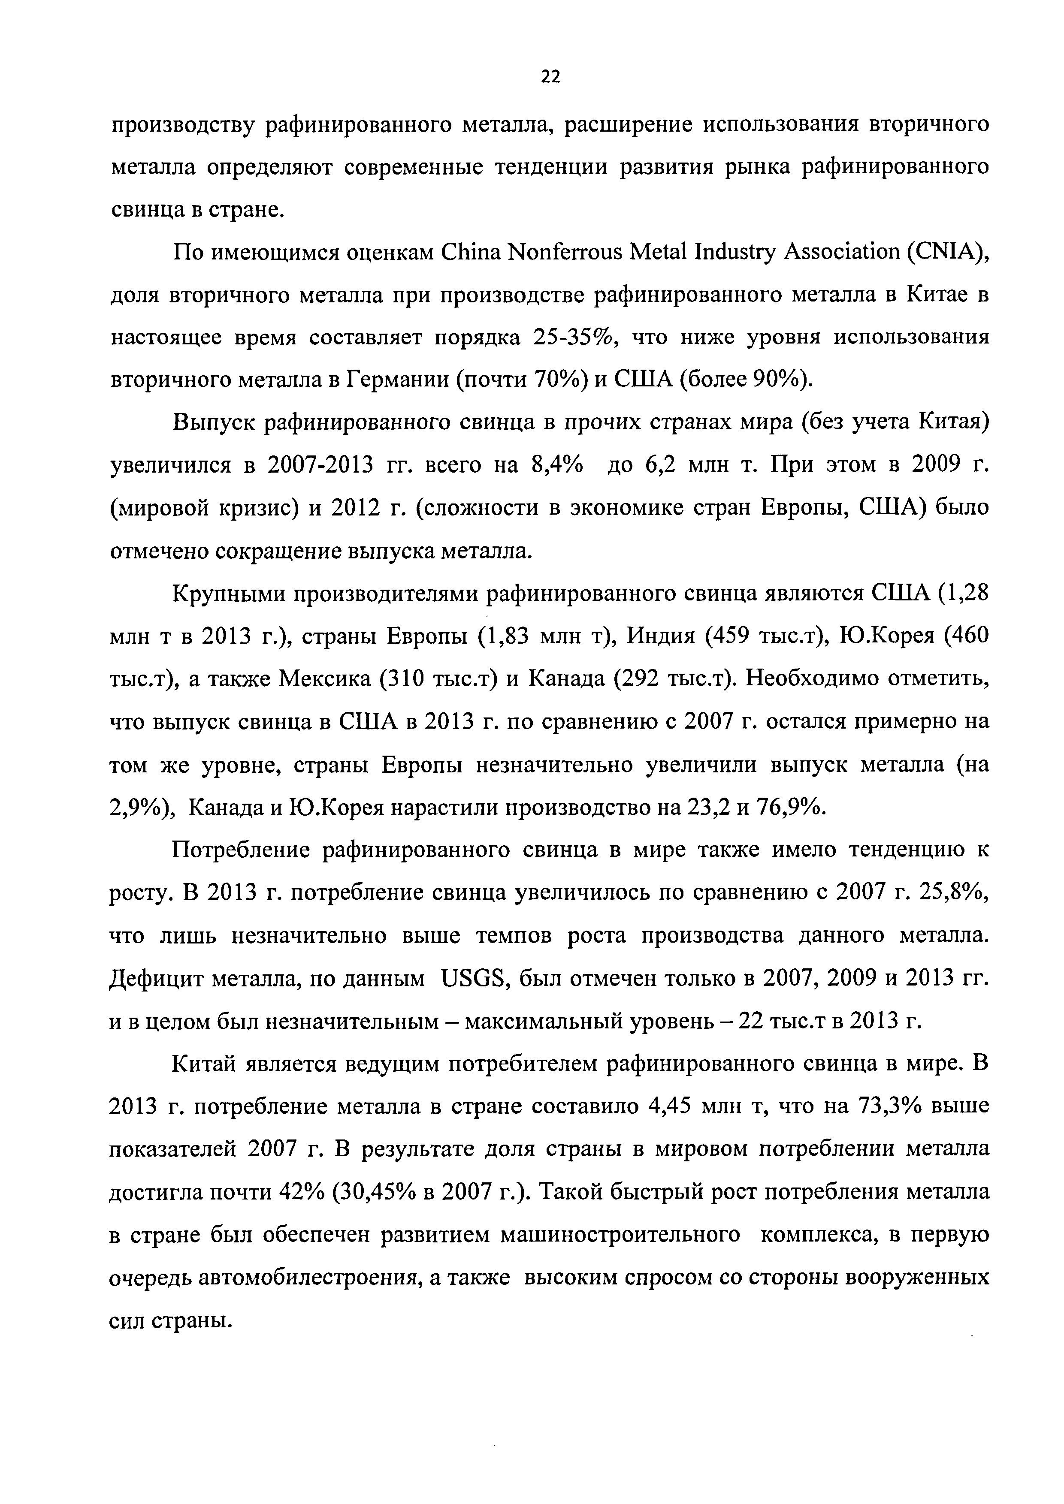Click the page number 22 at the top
(551, 77)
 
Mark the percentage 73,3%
(889, 1107)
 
